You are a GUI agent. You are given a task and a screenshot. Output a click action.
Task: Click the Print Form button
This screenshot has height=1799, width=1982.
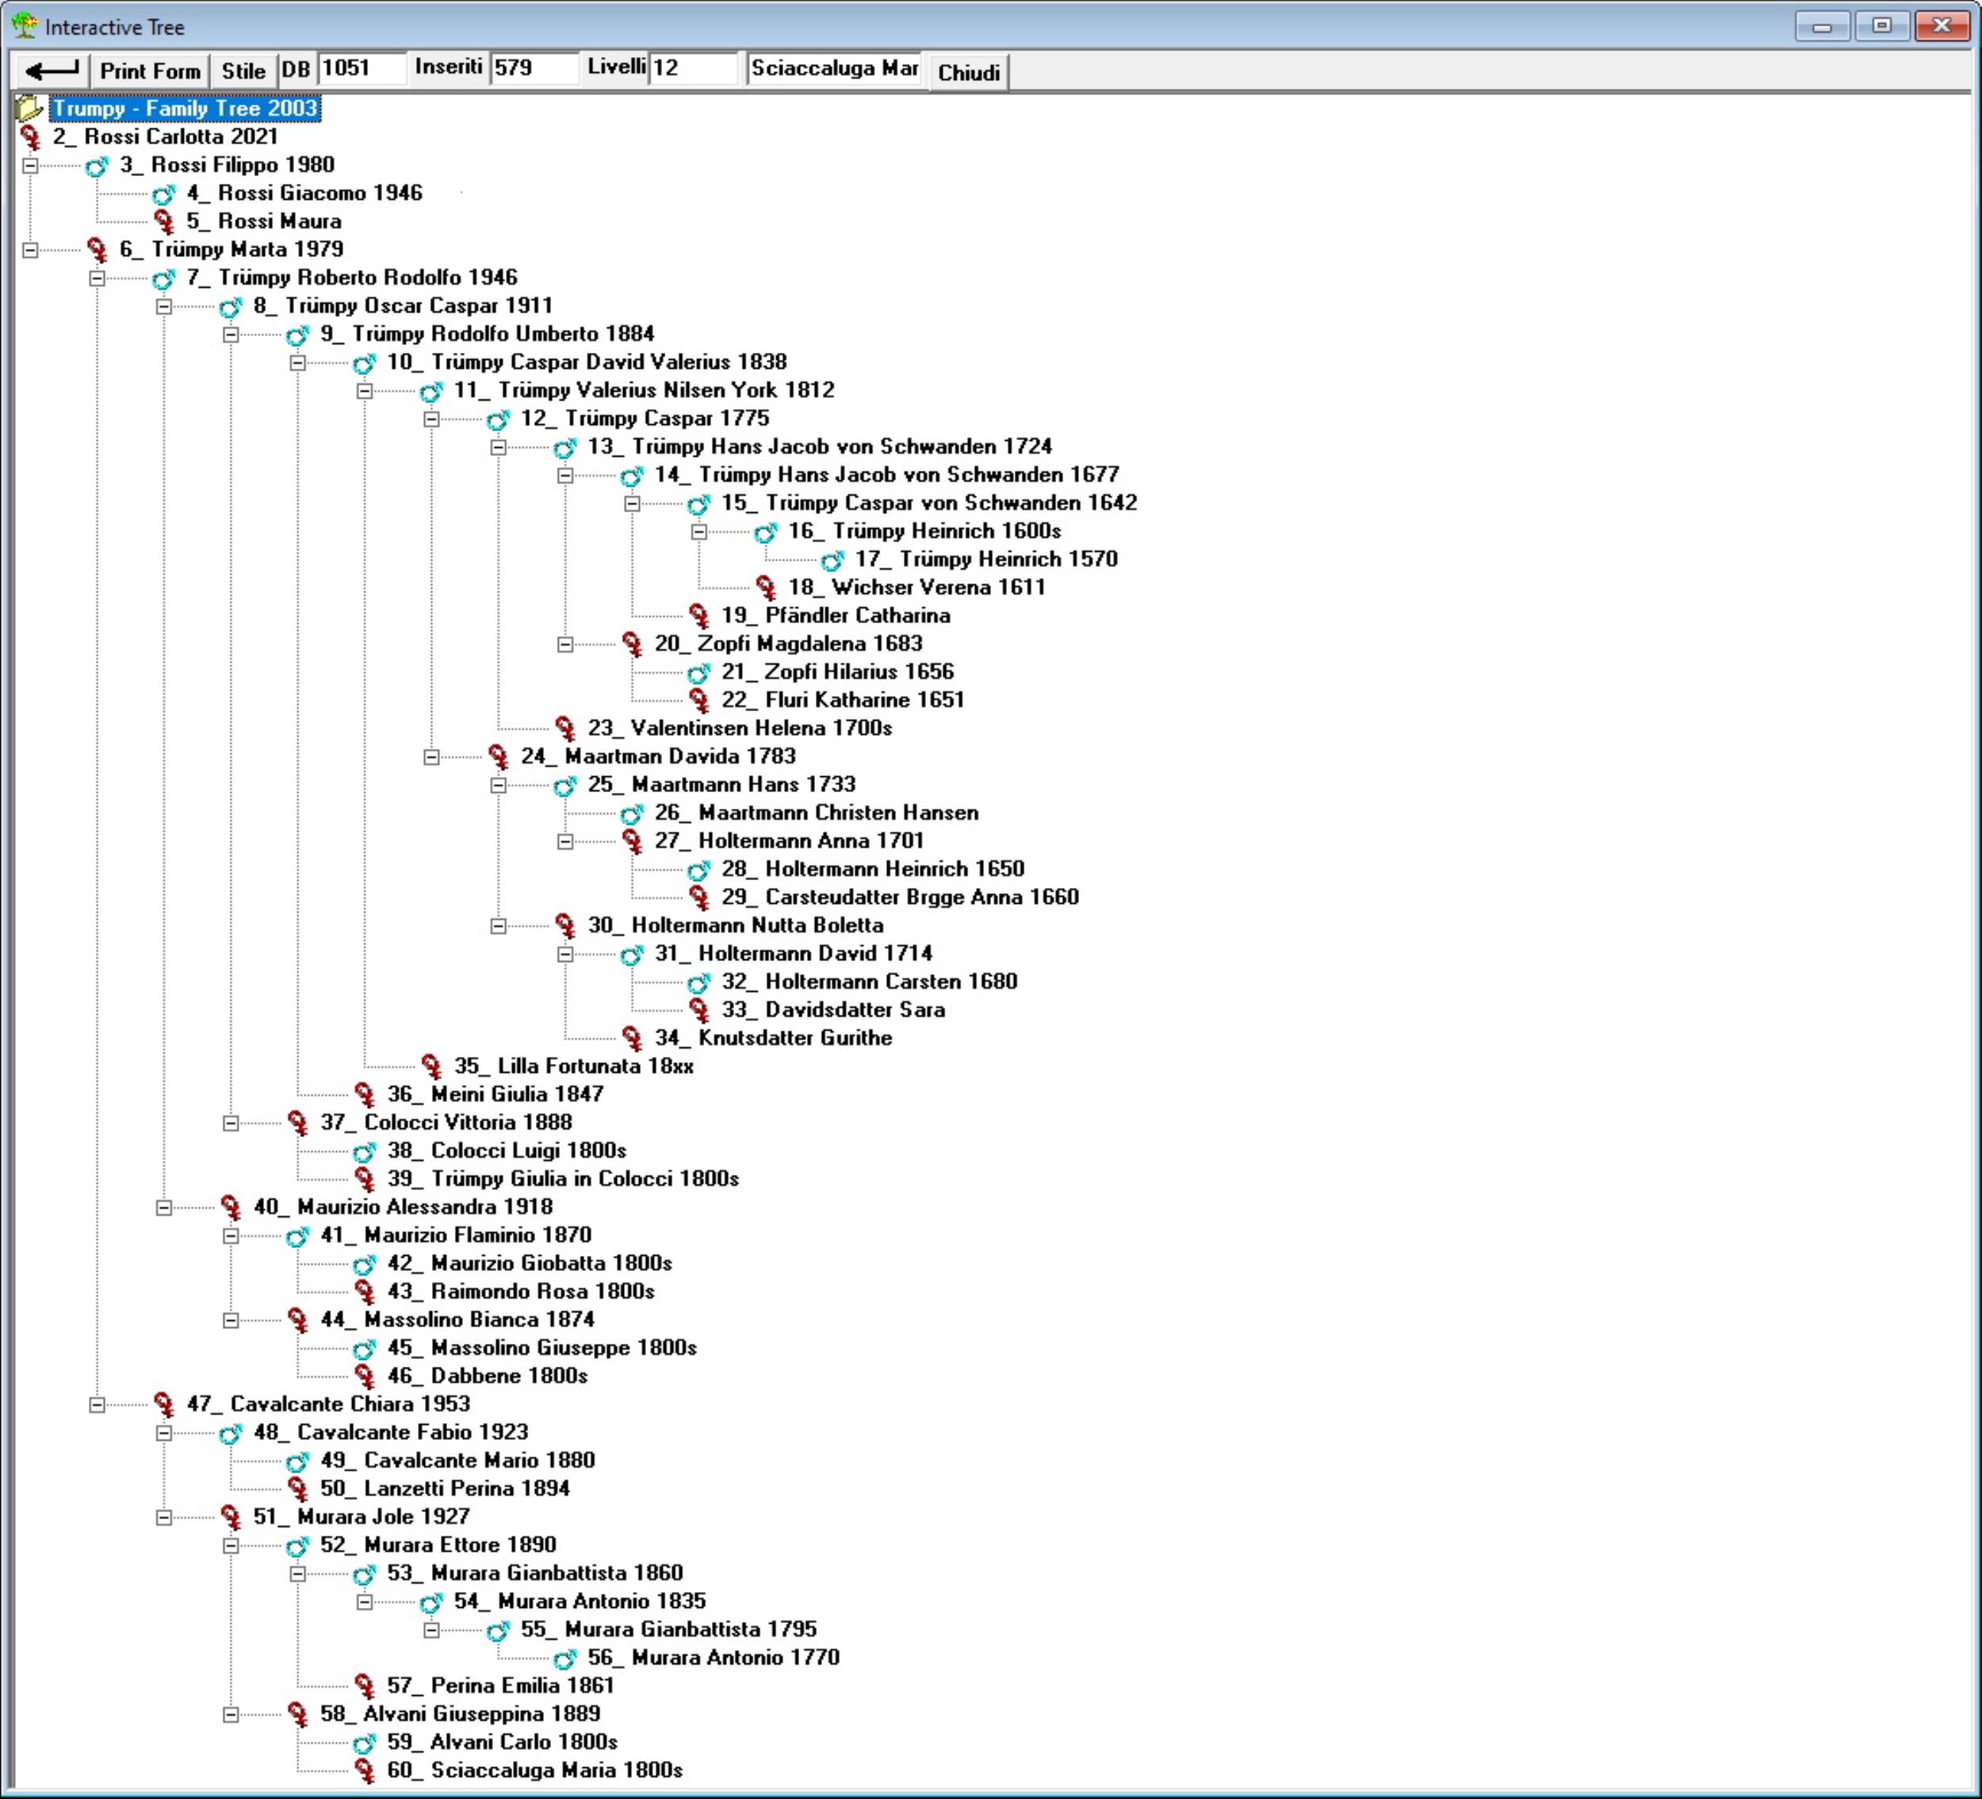tap(149, 71)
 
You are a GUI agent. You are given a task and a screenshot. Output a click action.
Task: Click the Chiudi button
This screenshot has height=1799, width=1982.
tap(968, 72)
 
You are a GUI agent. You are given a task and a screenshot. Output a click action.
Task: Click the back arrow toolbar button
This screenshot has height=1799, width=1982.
tap(51, 71)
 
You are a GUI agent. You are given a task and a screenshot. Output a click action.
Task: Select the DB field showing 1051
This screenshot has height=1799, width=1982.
tap(361, 68)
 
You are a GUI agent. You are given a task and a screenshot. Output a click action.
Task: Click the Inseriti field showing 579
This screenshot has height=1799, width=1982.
tap(533, 68)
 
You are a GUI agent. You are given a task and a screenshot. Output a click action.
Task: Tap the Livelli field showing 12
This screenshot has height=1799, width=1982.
tap(692, 68)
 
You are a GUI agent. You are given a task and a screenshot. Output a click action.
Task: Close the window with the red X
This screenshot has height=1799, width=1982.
tap(1941, 25)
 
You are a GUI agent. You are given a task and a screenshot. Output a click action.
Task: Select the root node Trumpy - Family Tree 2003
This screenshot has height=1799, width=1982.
tap(185, 108)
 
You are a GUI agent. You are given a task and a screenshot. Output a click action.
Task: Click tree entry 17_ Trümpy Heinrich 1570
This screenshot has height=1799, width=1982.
tap(986, 559)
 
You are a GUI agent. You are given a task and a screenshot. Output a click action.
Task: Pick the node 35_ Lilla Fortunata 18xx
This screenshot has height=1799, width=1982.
tap(573, 1066)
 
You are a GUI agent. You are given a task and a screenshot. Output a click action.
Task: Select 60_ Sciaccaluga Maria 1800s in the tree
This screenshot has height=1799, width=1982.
tap(535, 1770)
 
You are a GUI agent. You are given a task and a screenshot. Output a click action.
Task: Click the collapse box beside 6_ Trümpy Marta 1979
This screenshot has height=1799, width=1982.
tap(30, 250)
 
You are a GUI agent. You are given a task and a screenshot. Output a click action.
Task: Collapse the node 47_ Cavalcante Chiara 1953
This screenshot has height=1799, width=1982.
tap(98, 1405)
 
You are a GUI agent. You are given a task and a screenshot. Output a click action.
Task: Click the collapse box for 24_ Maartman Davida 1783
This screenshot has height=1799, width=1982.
tap(431, 757)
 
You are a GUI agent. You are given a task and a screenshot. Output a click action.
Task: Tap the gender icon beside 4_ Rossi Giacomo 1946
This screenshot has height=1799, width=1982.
tap(163, 193)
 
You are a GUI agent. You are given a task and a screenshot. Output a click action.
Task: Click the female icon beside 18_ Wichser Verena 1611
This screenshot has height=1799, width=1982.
tap(766, 588)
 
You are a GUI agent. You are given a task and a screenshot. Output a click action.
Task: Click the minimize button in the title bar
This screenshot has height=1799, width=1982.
tap(1822, 25)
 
